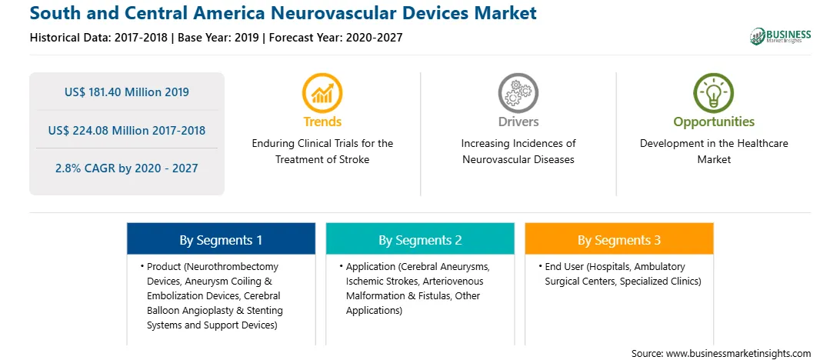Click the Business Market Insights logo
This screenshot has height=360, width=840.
[780, 36]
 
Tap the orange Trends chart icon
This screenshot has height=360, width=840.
[322, 92]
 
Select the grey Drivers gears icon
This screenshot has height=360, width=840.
[518, 92]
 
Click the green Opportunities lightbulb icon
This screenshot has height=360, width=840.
[714, 92]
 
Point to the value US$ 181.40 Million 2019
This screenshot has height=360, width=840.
[126, 92]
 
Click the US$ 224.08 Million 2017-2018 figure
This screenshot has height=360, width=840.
[126, 130]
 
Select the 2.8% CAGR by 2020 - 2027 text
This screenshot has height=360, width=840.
[126, 168]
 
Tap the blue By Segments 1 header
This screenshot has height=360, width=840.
[222, 239]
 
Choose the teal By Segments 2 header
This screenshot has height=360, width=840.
[420, 239]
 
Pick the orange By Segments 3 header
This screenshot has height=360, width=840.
[619, 239]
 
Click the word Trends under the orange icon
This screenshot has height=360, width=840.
[322, 122]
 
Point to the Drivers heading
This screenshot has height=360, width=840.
[518, 122]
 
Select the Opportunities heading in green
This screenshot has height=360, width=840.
[714, 122]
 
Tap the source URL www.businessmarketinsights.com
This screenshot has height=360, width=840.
[738, 353]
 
